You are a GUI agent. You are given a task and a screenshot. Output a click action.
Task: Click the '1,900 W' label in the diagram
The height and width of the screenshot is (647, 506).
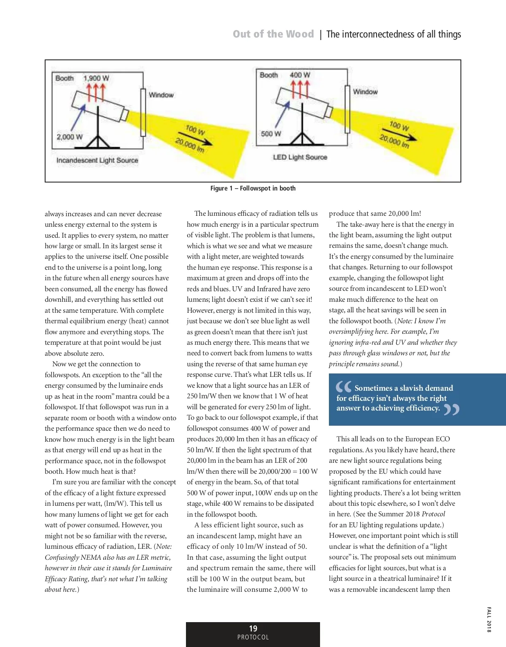click(x=96, y=78)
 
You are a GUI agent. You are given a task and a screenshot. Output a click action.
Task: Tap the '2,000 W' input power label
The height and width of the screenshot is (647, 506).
click(x=70, y=137)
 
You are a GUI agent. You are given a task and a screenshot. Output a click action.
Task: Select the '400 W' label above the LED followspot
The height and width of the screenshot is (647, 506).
click(x=300, y=75)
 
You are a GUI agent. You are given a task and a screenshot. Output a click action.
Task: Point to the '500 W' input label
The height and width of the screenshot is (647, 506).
click(x=271, y=134)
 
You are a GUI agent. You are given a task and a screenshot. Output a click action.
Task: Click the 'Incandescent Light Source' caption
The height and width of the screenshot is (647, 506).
click(x=97, y=160)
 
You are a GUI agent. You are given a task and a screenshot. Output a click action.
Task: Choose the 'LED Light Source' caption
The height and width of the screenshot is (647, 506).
click(x=300, y=157)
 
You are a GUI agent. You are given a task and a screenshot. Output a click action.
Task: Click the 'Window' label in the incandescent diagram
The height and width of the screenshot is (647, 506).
click(x=161, y=95)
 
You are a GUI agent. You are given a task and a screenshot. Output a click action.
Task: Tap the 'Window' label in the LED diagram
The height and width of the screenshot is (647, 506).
click(x=365, y=91)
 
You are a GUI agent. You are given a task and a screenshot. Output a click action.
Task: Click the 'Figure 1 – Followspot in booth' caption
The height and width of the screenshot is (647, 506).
click(x=253, y=188)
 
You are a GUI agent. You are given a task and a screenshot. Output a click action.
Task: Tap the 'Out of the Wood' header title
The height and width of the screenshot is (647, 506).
click(x=273, y=34)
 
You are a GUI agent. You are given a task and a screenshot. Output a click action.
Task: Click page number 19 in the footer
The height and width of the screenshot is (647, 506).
click(x=253, y=628)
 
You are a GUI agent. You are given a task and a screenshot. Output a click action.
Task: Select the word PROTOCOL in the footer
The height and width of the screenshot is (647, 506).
click(x=253, y=637)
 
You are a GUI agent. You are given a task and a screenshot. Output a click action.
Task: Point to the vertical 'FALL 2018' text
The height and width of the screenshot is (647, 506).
click(x=489, y=619)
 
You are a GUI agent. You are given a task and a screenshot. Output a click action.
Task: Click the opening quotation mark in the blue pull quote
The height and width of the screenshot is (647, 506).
click(x=343, y=387)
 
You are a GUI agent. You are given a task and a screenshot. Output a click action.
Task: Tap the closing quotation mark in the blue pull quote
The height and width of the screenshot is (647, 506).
click(x=452, y=409)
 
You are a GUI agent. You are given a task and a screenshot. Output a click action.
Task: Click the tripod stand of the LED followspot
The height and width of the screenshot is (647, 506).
click(x=302, y=131)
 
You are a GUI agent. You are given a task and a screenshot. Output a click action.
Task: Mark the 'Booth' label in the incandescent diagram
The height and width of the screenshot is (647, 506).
click(x=65, y=78)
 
